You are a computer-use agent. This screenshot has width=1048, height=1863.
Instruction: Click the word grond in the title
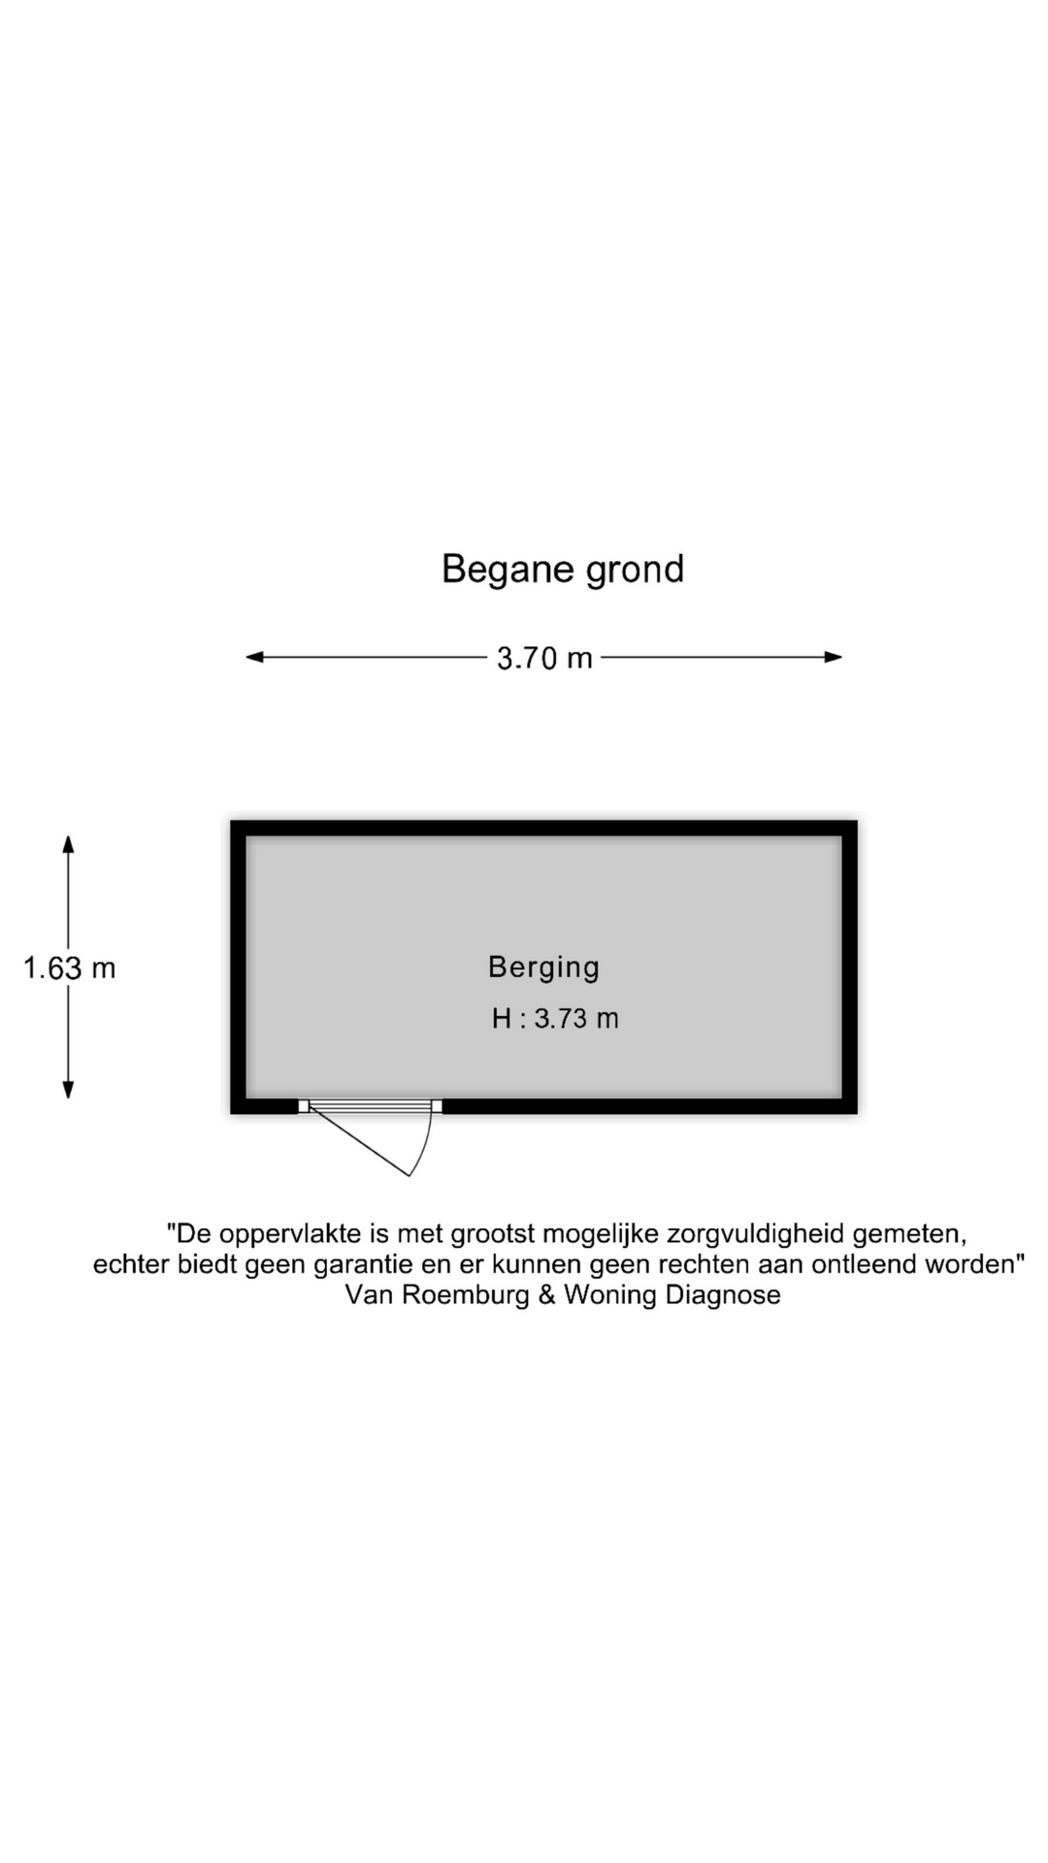pyautogui.click(x=636, y=570)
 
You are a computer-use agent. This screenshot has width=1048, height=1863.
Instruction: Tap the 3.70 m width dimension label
pyautogui.click(x=544, y=659)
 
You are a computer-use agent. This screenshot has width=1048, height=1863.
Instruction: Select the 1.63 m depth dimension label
pyautogui.click(x=69, y=968)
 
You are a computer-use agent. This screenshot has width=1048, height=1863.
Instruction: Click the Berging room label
pyautogui.click(x=544, y=967)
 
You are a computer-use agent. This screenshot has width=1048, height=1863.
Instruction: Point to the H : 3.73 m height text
pyautogui.click(x=555, y=1019)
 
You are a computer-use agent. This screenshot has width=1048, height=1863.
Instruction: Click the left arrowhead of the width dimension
pyautogui.click(x=254, y=657)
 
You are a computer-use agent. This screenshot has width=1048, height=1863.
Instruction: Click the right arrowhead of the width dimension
pyautogui.click(x=833, y=657)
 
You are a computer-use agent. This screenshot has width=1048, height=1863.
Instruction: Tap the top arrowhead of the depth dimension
pyautogui.click(x=68, y=844)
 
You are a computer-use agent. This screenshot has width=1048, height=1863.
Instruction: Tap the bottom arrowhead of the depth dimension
pyautogui.click(x=68, y=1090)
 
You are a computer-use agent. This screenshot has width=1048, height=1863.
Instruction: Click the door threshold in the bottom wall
pyautogui.click(x=370, y=1106)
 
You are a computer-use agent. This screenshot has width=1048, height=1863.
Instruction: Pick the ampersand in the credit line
pyautogui.click(x=547, y=1295)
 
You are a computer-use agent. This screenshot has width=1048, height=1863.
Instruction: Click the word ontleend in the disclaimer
pyautogui.click(x=866, y=1265)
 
